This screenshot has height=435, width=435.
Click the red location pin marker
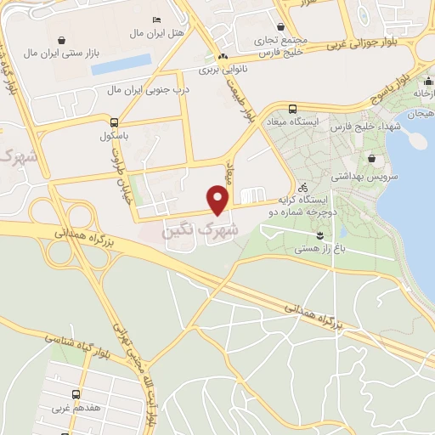tap(219, 201)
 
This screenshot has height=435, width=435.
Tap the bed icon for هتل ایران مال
tap(155, 20)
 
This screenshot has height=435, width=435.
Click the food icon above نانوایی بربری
tap(223, 55)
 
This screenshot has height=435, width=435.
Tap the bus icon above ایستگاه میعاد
tap(293, 109)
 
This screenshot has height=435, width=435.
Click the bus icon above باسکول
tap(114, 121)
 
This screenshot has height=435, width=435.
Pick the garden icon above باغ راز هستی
tap(319, 234)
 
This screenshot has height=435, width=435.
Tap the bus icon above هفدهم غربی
tap(76, 395)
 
